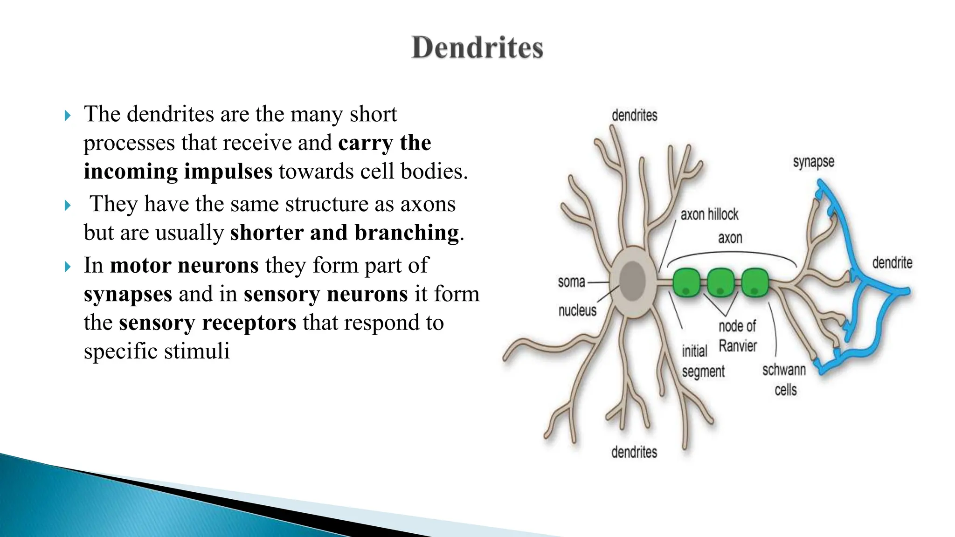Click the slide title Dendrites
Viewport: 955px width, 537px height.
(477, 48)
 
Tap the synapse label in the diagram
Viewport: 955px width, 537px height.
(813, 163)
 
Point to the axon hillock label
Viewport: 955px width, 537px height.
(709, 214)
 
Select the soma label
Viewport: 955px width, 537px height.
(571, 282)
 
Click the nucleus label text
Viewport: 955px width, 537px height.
(577, 310)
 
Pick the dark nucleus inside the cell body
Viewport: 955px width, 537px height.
(632, 281)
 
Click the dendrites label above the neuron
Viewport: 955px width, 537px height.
(634, 116)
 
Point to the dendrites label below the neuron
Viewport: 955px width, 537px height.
(634, 452)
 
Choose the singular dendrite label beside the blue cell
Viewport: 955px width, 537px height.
(892, 263)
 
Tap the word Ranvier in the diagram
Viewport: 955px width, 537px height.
(738, 346)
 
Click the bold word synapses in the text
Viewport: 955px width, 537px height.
(128, 294)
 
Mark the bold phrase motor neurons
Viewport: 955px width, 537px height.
(184, 265)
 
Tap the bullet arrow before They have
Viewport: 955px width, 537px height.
(68, 205)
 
